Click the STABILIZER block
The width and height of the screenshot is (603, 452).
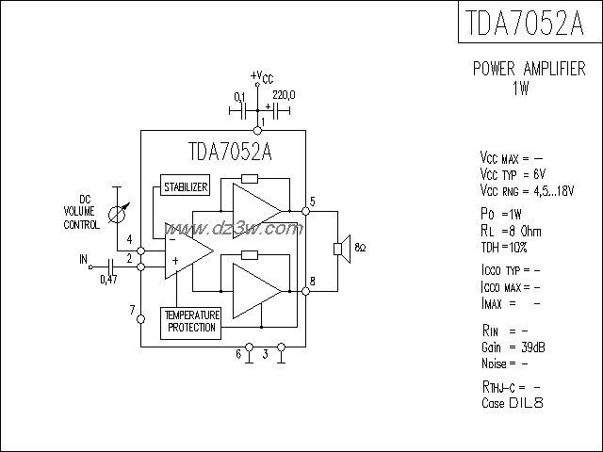coord(185,186)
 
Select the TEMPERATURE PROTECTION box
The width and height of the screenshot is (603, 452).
coord(191,321)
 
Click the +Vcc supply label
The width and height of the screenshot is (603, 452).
coord(263,76)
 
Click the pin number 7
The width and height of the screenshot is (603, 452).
coord(132,310)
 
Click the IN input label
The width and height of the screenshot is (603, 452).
coord(83,258)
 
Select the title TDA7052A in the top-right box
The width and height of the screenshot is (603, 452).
coord(529,22)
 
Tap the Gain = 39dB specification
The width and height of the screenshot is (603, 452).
coord(513,347)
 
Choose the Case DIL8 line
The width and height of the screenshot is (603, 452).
coord(513,402)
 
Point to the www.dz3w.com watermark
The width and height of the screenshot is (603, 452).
coord(247,229)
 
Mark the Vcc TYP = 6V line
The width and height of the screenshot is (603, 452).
coord(513,175)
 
